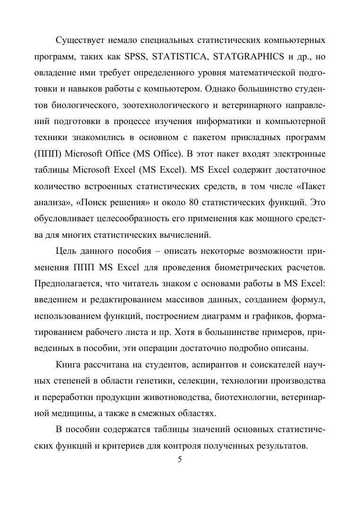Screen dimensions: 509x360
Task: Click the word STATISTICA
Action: (182, 58)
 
